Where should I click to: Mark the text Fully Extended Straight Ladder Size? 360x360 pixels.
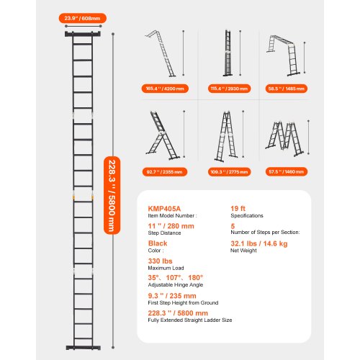click(179, 321)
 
